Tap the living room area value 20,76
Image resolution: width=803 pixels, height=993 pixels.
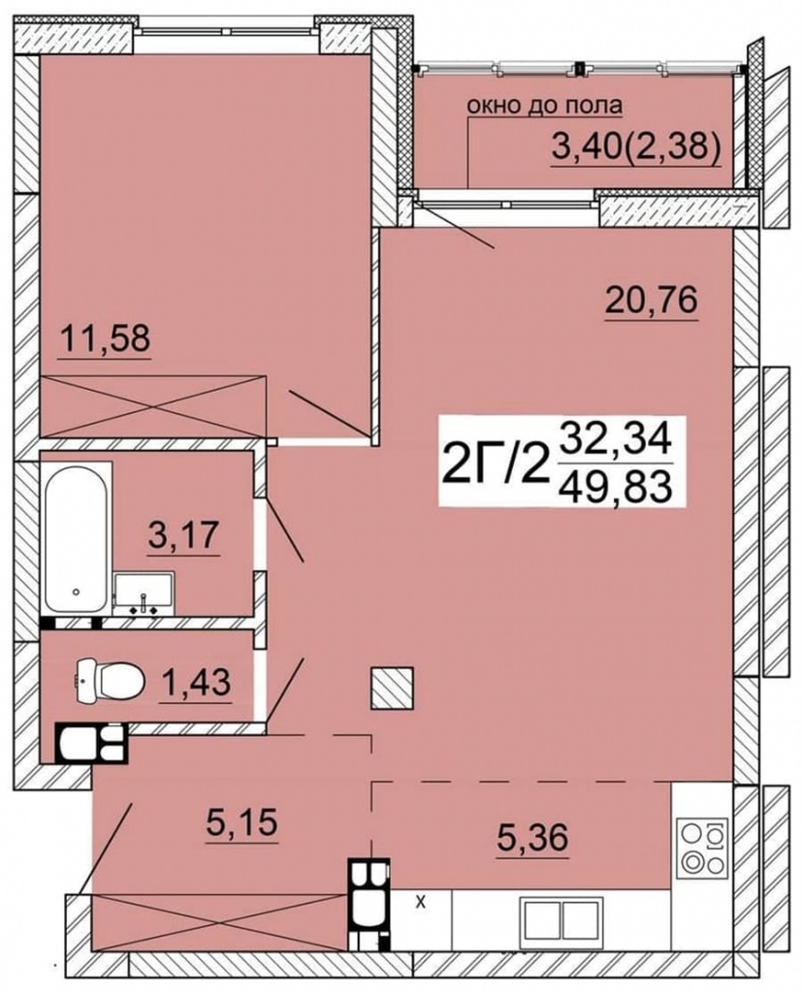tap(652, 300)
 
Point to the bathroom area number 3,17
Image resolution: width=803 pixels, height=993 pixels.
tap(183, 534)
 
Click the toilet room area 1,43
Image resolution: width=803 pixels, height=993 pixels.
tap(196, 682)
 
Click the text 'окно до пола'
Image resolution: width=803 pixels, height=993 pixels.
tap(545, 106)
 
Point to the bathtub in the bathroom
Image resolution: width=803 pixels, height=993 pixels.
tap(76, 538)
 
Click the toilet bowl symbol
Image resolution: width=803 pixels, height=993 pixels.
tap(110, 682)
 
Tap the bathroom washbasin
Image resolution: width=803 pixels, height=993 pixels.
tap(145, 593)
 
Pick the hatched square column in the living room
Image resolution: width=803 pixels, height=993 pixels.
tap(392, 689)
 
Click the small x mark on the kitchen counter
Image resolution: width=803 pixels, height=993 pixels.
tap(420, 903)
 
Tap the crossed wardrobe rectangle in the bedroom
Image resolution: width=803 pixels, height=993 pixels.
tap(154, 405)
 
